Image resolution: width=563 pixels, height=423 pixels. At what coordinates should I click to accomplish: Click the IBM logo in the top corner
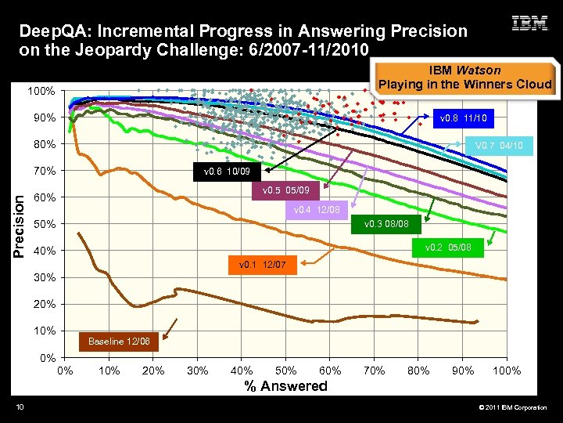coord(529,23)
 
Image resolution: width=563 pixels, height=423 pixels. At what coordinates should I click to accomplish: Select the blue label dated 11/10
coord(463,119)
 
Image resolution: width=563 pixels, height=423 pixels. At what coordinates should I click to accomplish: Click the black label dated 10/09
coord(229,170)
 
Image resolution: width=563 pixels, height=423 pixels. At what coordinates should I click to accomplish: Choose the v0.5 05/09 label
coord(285,190)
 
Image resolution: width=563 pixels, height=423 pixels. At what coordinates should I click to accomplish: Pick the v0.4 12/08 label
coord(316,210)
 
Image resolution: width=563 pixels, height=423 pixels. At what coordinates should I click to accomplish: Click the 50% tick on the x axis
coord(286,371)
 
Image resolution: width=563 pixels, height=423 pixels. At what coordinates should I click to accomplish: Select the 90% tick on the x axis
coord(464,371)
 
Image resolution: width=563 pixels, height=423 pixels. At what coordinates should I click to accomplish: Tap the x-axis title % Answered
coord(286,385)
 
